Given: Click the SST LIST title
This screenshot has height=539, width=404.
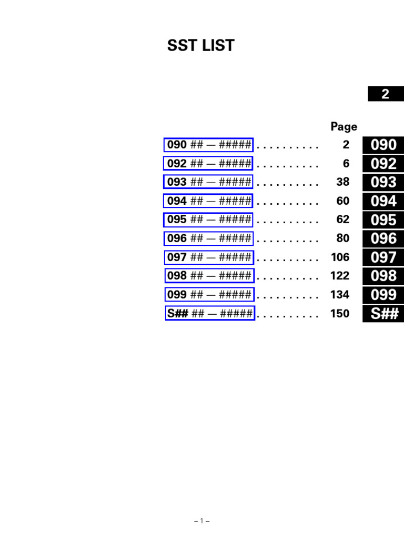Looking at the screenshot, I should coord(200,46).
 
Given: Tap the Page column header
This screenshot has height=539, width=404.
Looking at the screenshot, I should coord(344,127).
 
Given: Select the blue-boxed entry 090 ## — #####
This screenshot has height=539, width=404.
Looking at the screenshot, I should coord(208,145).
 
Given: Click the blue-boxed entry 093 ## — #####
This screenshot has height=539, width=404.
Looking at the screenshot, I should coord(208,182).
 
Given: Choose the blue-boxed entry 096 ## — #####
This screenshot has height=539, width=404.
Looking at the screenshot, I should coord(208,238).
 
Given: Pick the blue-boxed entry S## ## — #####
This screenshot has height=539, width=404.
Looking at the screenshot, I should coord(209,314).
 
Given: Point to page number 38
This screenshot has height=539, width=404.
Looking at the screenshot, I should coord(342,182).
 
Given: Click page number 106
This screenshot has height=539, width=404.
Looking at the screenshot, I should coord(340,257).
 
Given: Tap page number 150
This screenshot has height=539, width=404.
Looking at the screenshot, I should coord(340,314).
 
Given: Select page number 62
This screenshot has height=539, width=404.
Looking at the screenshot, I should coord(342,220).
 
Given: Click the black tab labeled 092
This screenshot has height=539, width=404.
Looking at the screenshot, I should coord(383,164).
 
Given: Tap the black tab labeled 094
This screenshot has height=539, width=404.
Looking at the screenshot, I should coord(383,201).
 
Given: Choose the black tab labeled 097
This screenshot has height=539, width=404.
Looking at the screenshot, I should coord(383,257).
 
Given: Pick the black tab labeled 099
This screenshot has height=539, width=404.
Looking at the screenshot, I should coord(383,295).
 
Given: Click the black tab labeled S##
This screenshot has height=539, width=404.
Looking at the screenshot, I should coord(383,314).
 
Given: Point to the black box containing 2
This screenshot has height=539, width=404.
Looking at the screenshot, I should coord(386,94).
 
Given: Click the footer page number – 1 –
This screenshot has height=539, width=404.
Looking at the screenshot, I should coord(202,521).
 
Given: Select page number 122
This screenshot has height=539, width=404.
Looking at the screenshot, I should coord(340,276).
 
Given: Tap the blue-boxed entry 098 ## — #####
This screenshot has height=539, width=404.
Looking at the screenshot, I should coord(209,276).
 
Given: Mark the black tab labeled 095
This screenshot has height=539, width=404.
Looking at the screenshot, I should coord(383,220).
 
